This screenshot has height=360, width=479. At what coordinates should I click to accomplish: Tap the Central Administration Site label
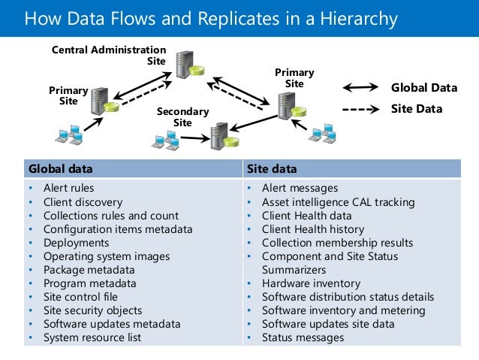click(109, 55)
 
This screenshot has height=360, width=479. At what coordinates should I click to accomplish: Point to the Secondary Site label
click(182, 117)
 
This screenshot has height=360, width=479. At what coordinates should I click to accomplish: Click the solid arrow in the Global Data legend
click(360, 89)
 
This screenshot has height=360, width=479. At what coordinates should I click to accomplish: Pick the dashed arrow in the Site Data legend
click(360, 110)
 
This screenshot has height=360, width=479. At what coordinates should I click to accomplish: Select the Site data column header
click(269, 168)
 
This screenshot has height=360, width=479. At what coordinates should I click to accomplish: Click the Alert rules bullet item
click(68, 188)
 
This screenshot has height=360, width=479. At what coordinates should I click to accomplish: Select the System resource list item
click(92, 337)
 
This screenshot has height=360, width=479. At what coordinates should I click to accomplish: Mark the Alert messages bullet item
click(300, 188)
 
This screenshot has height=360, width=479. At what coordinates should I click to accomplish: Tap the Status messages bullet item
click(303, 337)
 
